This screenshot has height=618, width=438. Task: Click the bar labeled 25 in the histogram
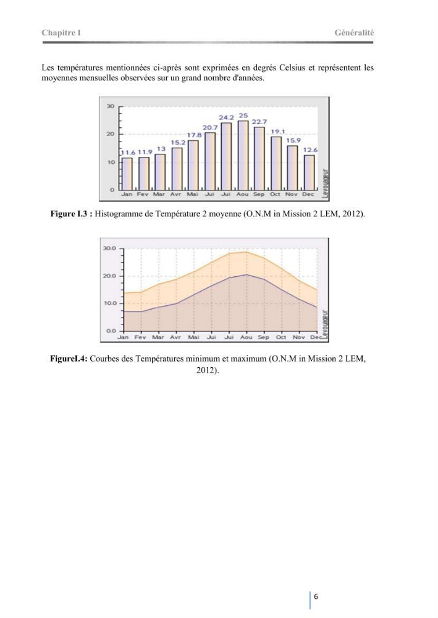pos(243,155)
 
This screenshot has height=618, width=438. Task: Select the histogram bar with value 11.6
pos(127,174)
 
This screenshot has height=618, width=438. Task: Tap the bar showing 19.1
pos(276,163)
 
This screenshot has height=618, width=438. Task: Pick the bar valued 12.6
pos(310,172)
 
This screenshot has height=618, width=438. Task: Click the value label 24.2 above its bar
pos(226,117)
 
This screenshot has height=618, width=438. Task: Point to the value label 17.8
pos(194,135)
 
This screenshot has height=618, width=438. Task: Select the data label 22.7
pos(259,122)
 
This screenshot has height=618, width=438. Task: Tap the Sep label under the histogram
pos(259,194)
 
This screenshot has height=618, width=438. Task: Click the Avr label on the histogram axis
pos(175,194)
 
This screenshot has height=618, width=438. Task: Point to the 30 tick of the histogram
pos(111,106)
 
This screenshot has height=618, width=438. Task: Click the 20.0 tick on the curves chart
pos(109,276)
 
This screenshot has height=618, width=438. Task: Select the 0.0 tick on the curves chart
pos(111,331)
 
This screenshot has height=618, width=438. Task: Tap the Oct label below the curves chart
pos(281,337)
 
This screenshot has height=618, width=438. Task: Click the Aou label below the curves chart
pos(246,337)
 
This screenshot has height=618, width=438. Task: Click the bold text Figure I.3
pos(71,214)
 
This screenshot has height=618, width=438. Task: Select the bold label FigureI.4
pos(69,359)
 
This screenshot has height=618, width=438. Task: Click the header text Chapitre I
pos(61,33)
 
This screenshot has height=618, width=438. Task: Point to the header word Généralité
pos(354,33)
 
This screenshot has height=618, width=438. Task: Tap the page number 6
pos(316,596)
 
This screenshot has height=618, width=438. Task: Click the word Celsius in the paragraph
pos(292,68)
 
